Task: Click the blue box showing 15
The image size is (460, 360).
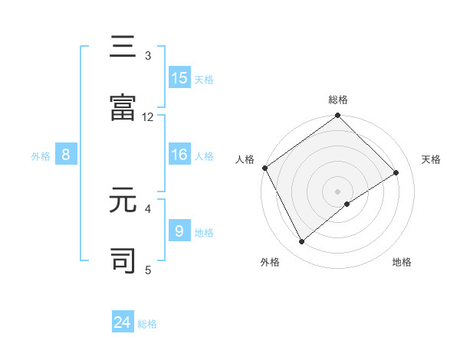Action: click(179, 77)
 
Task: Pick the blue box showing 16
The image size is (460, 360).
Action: click(179, 155)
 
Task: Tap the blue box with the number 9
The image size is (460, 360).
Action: click(179, 231)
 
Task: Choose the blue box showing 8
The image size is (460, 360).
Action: click(66, 155)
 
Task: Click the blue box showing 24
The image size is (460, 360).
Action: click(123, 322)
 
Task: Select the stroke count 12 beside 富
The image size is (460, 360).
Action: click(148, 116)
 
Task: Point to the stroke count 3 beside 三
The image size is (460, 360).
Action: click(148, 55)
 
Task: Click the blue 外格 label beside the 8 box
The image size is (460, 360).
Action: click(41, 155)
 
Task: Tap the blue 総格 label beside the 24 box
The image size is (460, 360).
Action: click(147, 323)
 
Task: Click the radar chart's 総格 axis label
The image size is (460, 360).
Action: click(338, 100)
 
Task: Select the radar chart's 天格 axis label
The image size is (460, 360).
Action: click(432, 159)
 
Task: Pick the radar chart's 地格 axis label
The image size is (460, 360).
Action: click(402, 262)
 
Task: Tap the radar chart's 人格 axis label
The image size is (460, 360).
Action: click(245, 159)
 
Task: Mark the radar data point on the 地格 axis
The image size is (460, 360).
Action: click(347, 204)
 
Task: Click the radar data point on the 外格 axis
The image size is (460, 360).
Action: click(302, 242)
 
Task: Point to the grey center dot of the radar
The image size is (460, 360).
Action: click(338, 191)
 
